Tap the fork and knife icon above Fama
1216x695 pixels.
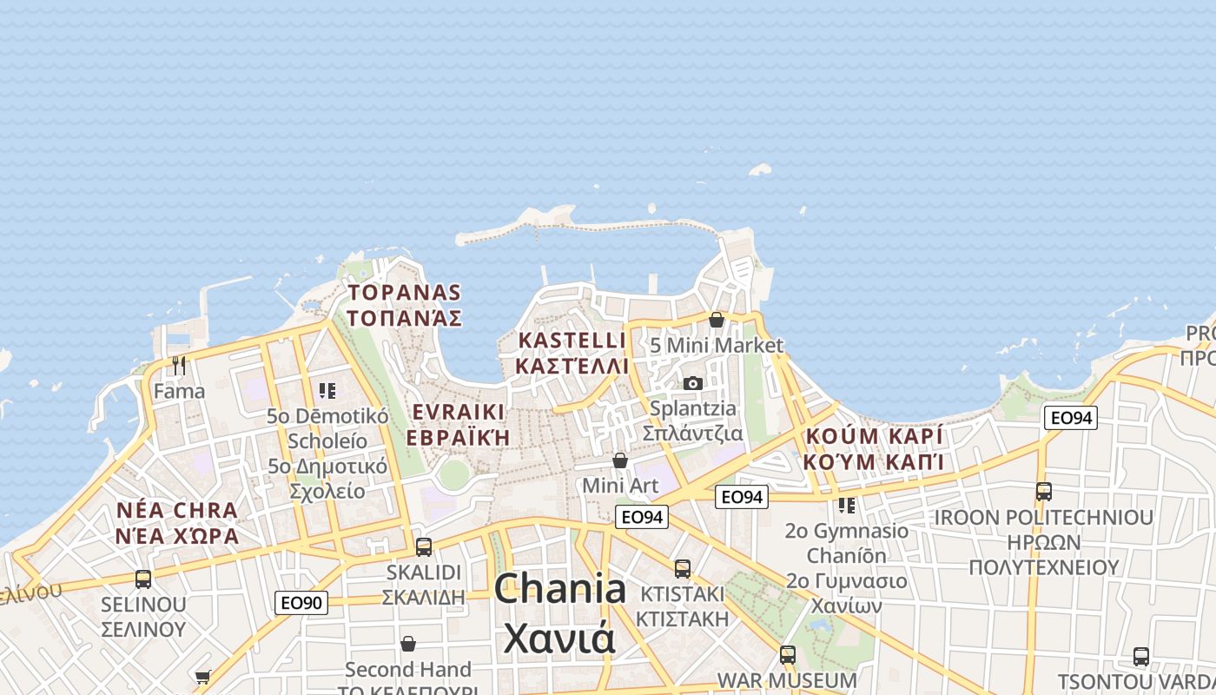point(179,366)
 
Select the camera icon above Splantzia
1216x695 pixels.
point(692,383)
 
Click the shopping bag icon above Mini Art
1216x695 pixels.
point(620,460)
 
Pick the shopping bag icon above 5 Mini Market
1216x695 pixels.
point(717,320)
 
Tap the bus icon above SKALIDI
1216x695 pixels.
point(424,547)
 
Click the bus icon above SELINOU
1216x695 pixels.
point(143,579)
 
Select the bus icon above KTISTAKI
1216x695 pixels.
point(683,569)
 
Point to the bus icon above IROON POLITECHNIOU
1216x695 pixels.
point(1044,492)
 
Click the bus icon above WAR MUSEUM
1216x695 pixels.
point(788,655)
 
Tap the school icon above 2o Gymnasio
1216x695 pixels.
point(847,505)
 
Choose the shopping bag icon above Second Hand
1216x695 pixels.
point(408,644)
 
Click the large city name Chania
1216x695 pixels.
point(560,590)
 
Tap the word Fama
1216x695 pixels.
point(179,391)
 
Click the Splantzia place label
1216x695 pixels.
point(692,408)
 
